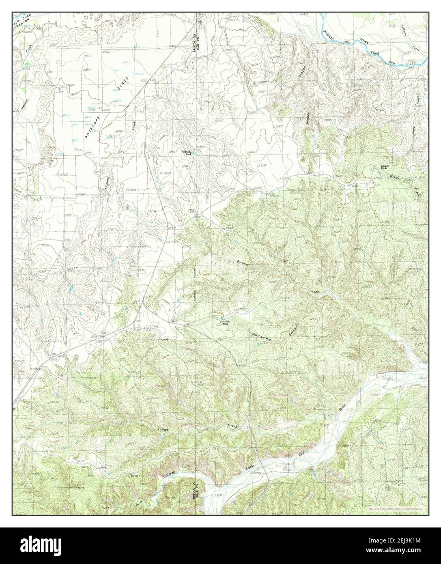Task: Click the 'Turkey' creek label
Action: tap(163, 429)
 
